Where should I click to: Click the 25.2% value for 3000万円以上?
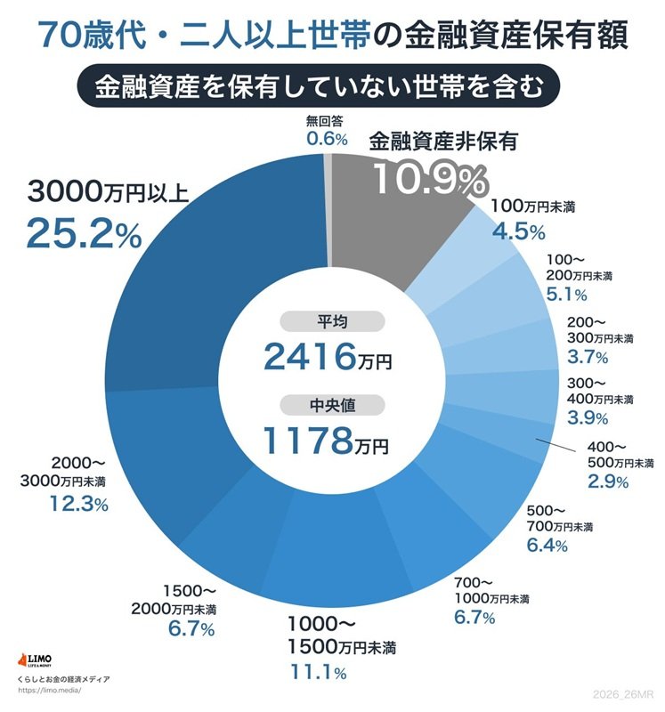pyautogui.click(x=84, y=233)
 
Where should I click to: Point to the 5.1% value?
pyautogui.click(x=566, y=295)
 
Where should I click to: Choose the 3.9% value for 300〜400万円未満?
pyautogui.click(x=588, y=417)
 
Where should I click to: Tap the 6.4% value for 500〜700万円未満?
pyautogui.click(x=547, y=546)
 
